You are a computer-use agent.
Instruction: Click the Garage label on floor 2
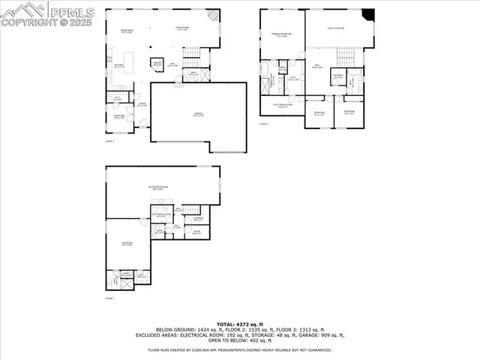pos(198,114)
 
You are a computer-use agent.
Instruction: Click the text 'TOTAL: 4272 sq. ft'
pos(239,322)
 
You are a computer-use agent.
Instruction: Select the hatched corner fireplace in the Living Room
pos(214,15)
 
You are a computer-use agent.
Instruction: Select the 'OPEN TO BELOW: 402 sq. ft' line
pos(240,340)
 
